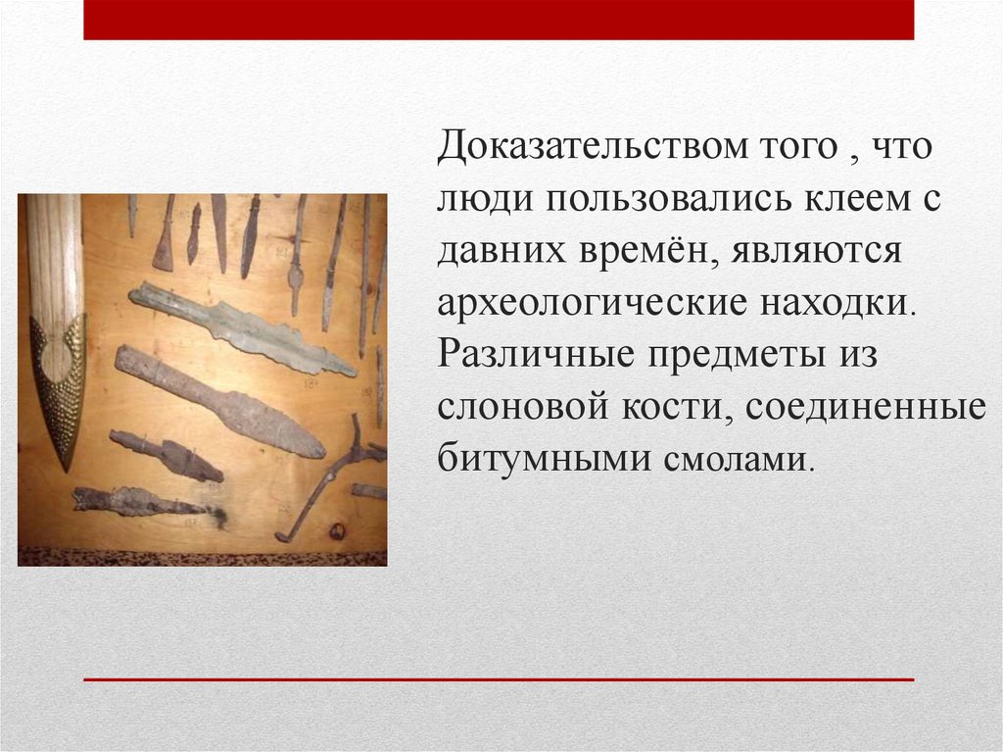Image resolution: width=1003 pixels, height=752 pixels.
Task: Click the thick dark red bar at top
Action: click(499, 20)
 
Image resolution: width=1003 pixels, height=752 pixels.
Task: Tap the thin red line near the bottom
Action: click(499, 678)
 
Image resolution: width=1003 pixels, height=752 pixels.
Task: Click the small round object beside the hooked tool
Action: click(338, 530)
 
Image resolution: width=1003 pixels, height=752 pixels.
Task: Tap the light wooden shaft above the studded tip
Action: click(54, 255)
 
